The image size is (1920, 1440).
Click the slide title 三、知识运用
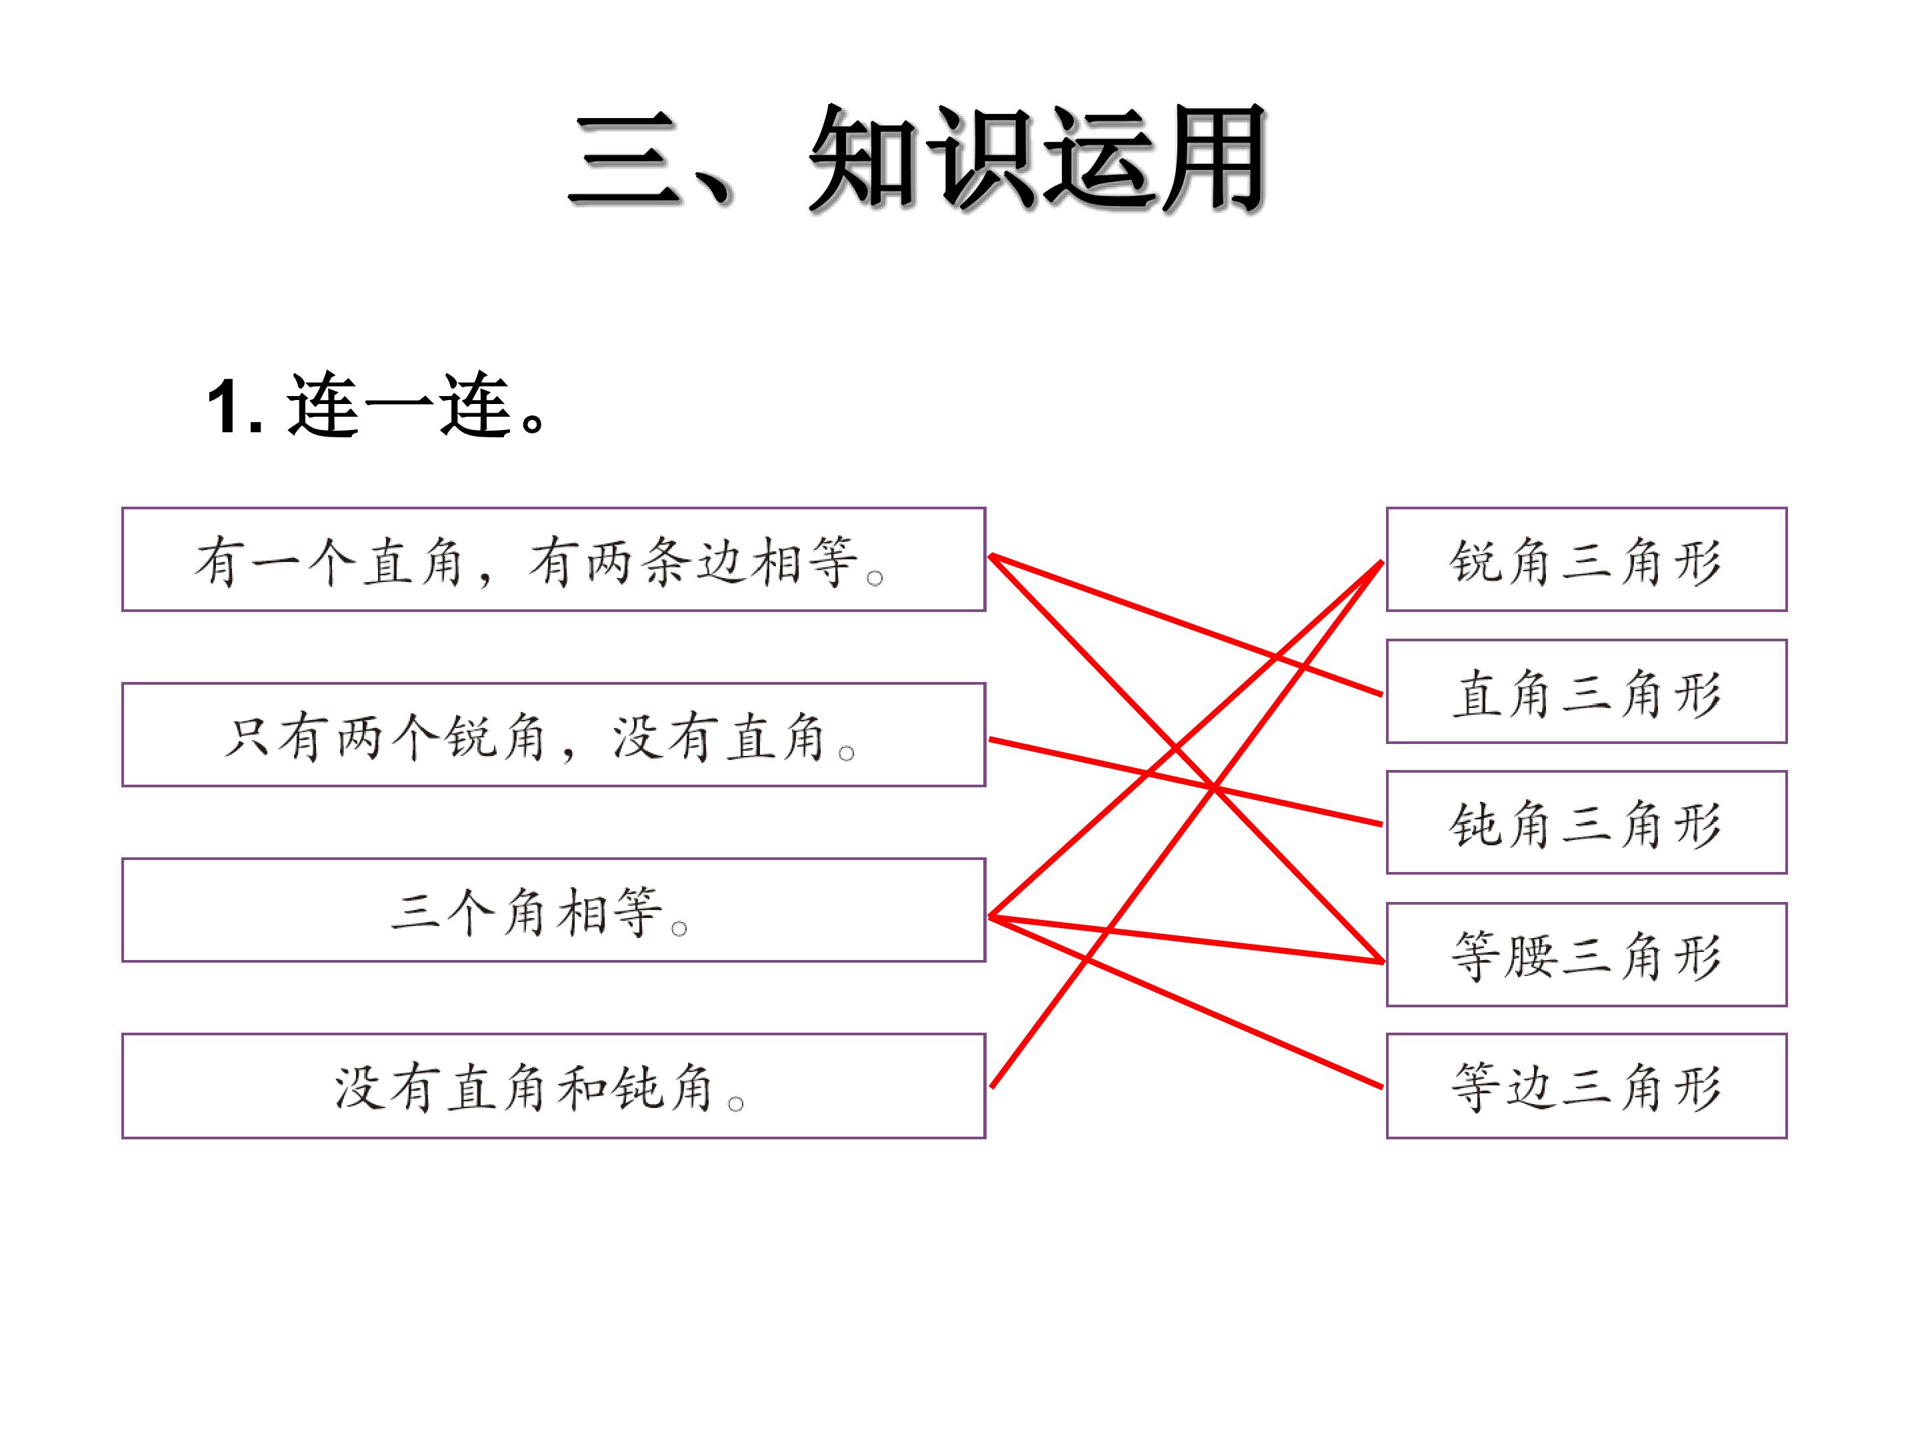pyautogui.click(x=917, y=158)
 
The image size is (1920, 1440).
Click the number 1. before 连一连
pyautogui.click(x=235, y=406)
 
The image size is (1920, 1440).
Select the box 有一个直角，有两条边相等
pyautogui.click(x=554, y=559)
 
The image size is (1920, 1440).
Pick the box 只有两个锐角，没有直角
pyautogui.click(x=554, y=734)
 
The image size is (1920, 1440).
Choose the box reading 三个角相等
pyautogui.click(x=554, y=909)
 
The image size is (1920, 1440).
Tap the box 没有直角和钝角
pyautogui.click(x=554, y=1085)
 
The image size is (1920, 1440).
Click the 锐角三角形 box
pyautogui.click(x=1587, y=559)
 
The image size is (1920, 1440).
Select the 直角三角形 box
pyautogui.click(x=1587, y=691)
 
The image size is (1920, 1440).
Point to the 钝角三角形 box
pyautogui.click(x=1587, y=822)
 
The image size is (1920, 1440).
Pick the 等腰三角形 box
pyautogui.click(x=1587, y=954)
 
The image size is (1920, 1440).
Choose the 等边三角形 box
pyautogui.click(x=1587, y=1085)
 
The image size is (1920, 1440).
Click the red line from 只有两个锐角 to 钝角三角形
pyautogui.click(x=1186, y=781)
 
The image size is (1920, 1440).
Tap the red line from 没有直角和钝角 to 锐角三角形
pyautogui.click(x=1187, y=824)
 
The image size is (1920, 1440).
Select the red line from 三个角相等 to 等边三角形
pyautogui.click(x=1186, y=1001)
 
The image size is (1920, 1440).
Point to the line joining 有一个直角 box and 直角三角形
pyautogui.click(x=1186, y=625)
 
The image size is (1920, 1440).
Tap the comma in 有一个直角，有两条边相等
pyautogui.click(x=488, y=577)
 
